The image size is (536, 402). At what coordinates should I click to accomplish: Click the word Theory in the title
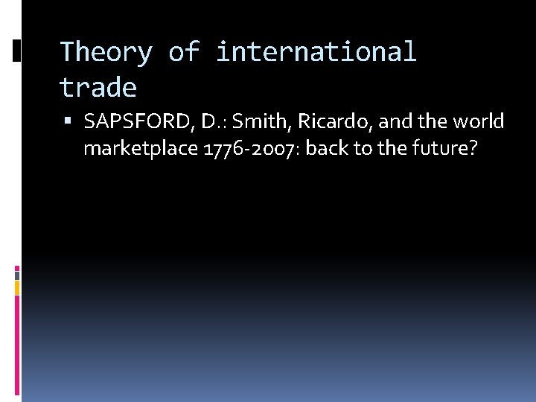[x=105, y=53]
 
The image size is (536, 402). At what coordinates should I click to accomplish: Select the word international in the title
[x=316, y=53]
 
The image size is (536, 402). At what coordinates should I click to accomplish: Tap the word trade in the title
[x=98, y=89]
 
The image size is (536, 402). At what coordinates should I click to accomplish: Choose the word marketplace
[x=140, y=149]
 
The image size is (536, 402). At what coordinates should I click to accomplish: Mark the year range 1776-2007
[x=250, y=149]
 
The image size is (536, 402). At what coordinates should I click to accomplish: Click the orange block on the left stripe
[x=17, y=287]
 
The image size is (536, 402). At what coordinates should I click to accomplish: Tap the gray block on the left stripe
[x=17, y=274]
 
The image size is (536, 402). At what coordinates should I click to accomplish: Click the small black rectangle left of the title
[x=17, y=50]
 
